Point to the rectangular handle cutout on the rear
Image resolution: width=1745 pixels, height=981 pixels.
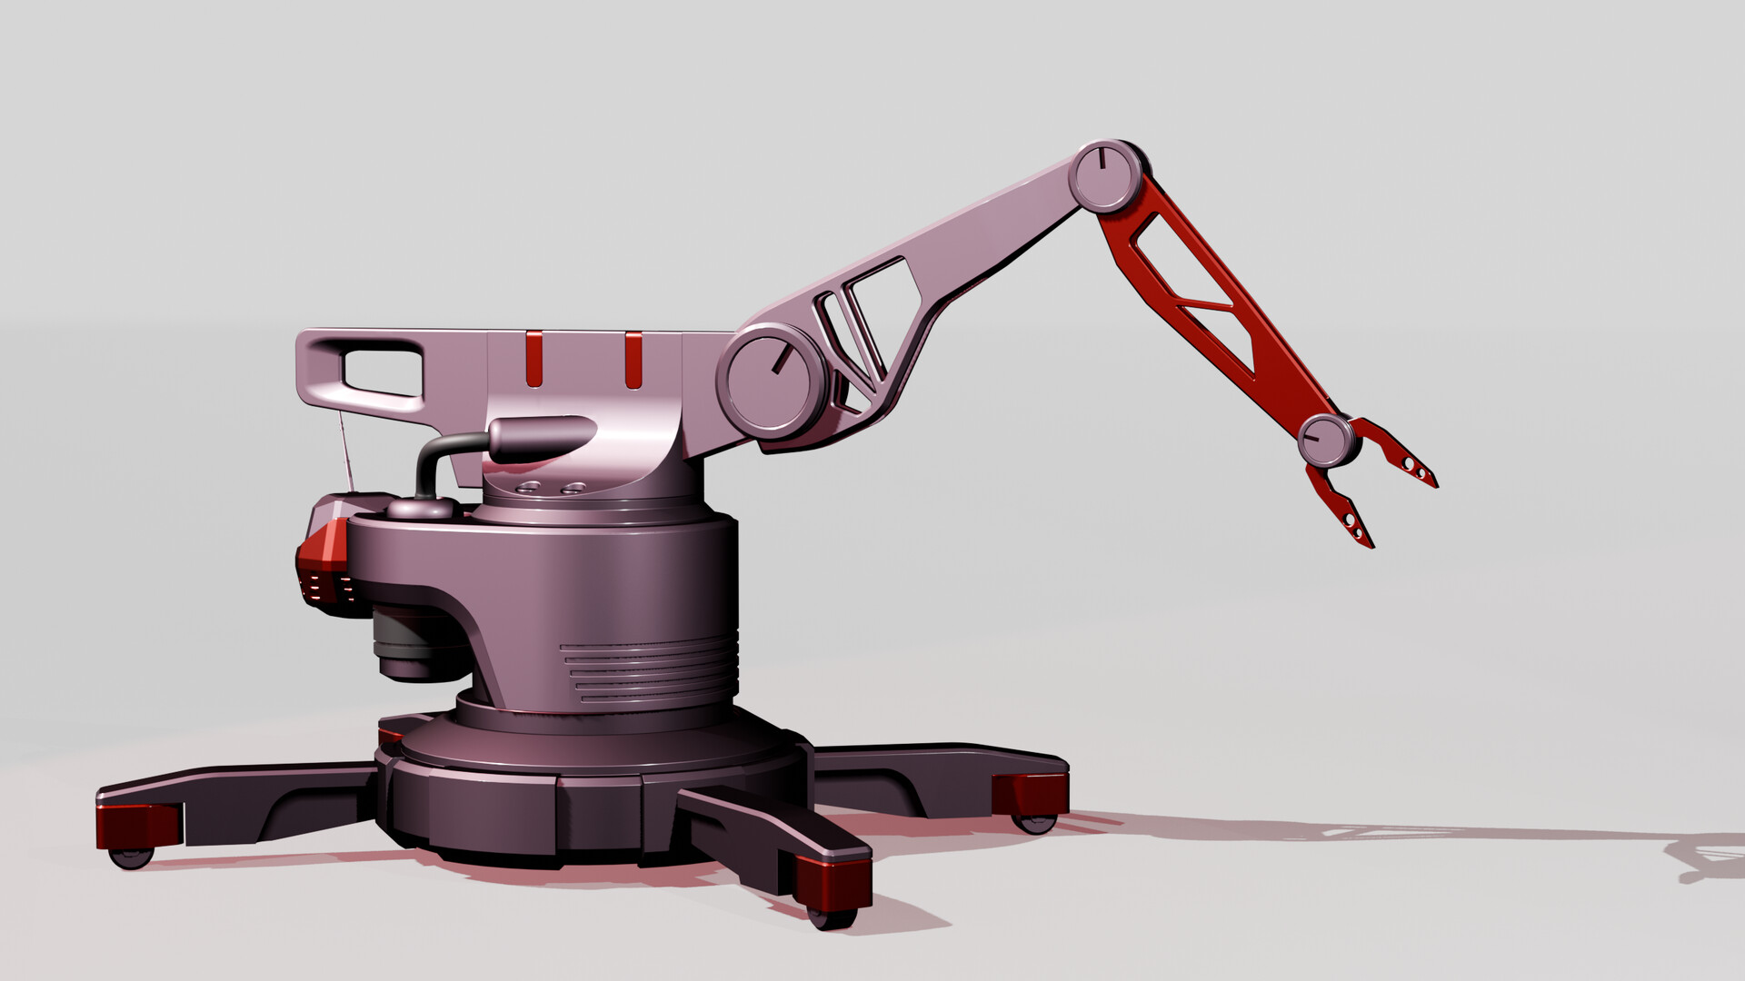click(x=381, y=372)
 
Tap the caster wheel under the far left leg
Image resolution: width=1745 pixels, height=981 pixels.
click(x=131, y=857)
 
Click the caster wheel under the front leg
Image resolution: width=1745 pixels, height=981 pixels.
click(x=829, y=918)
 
